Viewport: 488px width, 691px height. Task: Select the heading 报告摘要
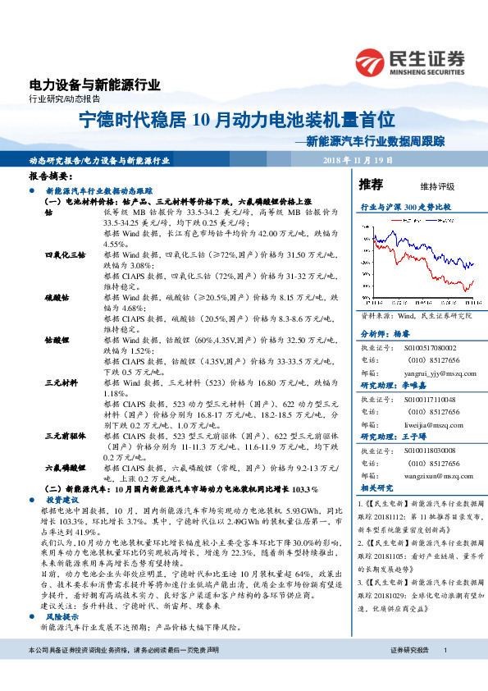coord(51,176)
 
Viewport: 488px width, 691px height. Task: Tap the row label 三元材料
coord(60,382)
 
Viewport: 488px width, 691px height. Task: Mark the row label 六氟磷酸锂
coord(66,466)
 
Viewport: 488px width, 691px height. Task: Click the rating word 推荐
coord(371,184)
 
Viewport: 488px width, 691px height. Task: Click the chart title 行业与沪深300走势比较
coord(406,208)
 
